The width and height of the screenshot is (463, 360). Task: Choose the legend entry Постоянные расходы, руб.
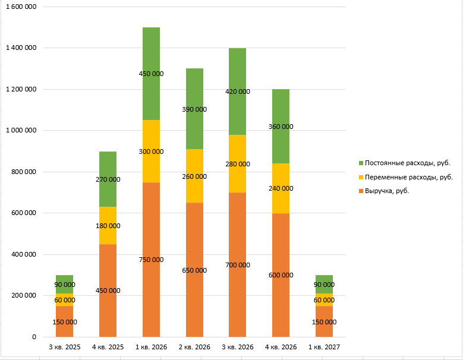coord(407,163)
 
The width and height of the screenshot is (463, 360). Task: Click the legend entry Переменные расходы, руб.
coord(409,177)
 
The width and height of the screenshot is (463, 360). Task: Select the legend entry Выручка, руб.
coord(387,191)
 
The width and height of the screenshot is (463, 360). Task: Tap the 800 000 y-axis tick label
coord(24,172)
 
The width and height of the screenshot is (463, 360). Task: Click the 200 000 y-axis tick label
coord(24,295)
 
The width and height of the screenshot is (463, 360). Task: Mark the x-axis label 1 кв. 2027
coord(324,346)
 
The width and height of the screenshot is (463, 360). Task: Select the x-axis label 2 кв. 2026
coord(194,346)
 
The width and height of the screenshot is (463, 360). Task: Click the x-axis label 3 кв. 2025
coord(64,346)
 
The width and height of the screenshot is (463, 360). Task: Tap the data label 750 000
coord(151,260)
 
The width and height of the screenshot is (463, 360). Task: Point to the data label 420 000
coord(238,91)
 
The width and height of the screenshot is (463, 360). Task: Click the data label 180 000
coord(108,226)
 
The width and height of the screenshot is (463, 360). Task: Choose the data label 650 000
coord(194,270)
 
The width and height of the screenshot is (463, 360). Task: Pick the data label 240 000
coord(281,188)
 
